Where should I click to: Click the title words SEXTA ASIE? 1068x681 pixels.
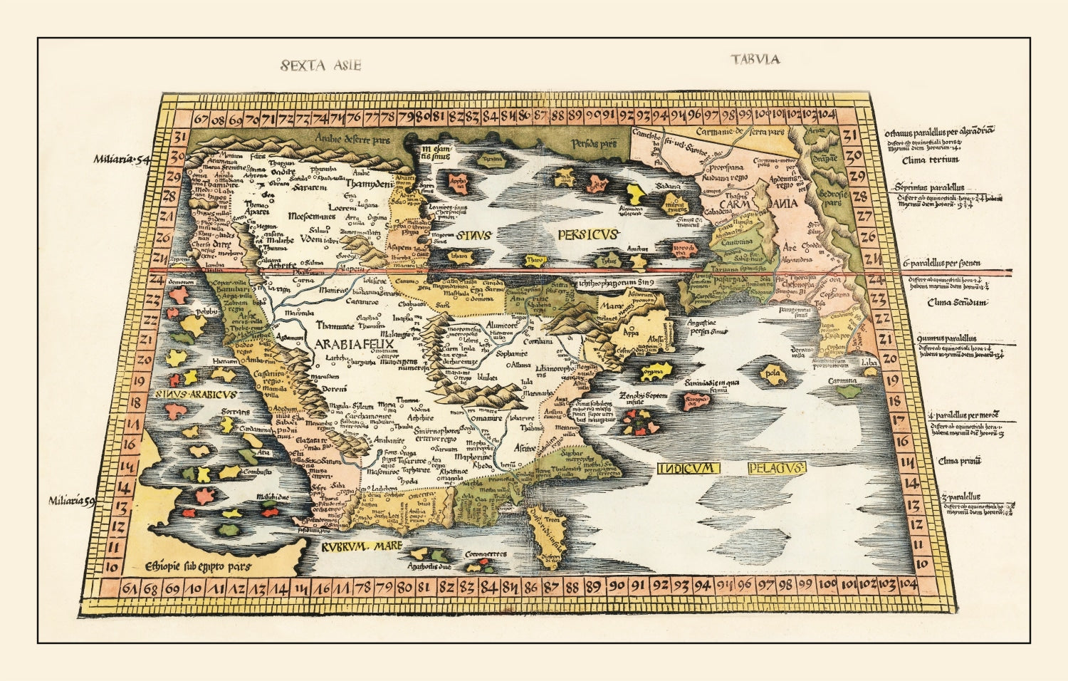321,66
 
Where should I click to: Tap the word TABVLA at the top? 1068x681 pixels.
755,59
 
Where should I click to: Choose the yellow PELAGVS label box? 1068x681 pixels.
776,468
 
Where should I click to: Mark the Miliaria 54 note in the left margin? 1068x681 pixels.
120,160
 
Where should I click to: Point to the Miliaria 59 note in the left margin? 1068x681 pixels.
72,501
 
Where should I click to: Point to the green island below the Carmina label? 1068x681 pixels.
847,391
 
